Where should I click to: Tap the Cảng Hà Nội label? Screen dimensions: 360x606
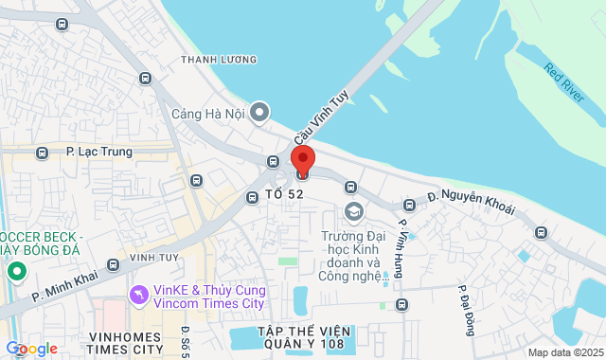pos(208,114)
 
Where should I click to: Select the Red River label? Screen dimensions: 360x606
pos(566,83)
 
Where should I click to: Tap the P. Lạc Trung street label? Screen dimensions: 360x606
pos(98,152)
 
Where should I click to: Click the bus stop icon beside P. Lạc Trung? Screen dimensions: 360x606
pos(42,153)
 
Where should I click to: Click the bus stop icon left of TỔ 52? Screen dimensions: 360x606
pos(253,197)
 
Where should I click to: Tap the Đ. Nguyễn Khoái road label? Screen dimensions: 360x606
pos(471,202)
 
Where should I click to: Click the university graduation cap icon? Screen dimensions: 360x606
pos(355,210)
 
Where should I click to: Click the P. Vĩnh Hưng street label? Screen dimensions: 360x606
pos(404,248)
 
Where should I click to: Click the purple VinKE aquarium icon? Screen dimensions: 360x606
pos(138,296)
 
